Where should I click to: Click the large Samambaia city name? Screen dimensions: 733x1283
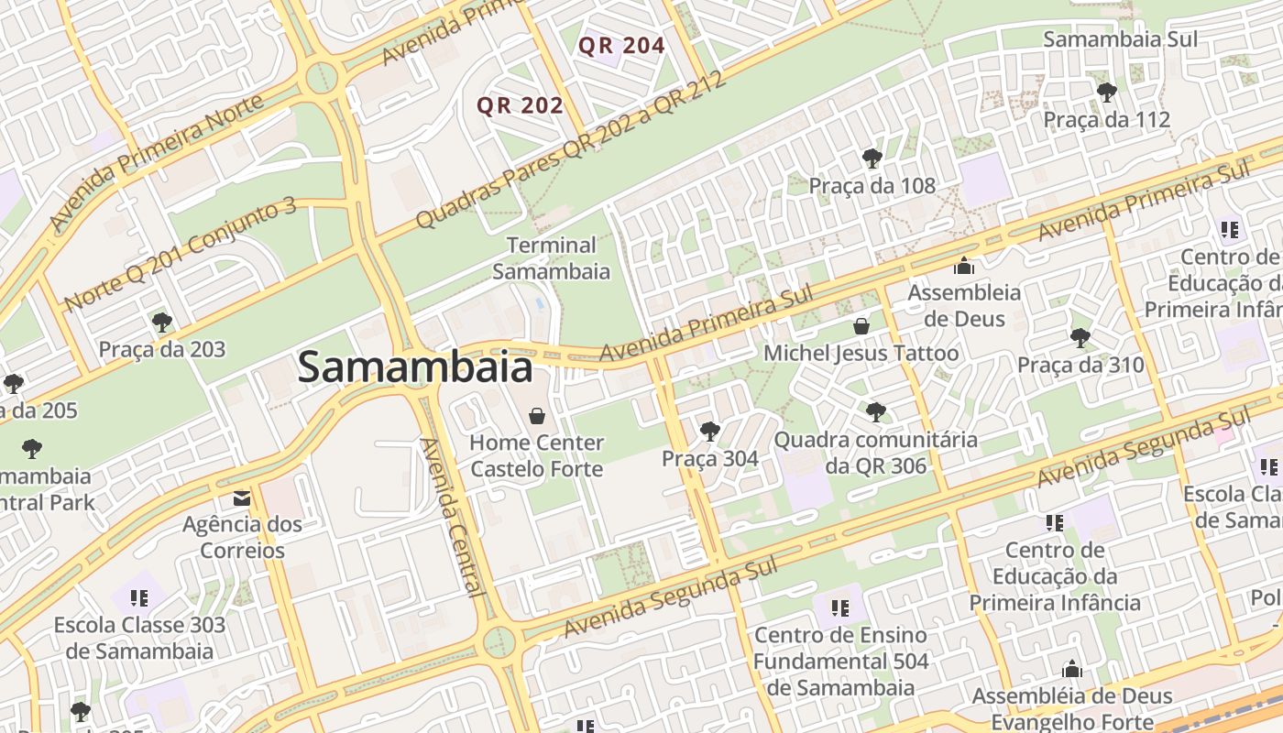click(414, 368)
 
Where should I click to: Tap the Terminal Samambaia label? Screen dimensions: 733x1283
click(551, 258)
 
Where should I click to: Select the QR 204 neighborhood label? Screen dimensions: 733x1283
click(621, 45)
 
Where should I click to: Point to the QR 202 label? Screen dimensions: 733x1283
click(520, 105)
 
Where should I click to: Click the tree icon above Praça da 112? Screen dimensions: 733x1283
click(1106, 92)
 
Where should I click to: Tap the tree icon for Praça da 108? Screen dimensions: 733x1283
click(872, 159)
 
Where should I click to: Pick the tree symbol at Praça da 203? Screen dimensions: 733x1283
click(162, 322)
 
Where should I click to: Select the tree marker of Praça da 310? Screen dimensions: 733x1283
click(1080, 337)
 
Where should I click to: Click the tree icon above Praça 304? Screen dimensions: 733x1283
click(709, 431)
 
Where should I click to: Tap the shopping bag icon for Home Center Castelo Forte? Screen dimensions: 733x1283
click(537, 416)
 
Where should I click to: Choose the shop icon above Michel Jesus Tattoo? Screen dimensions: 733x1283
click(861, 325)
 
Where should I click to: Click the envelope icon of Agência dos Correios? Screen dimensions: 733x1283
click(242, 498)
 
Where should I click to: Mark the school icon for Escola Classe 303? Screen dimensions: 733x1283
click(139, 598)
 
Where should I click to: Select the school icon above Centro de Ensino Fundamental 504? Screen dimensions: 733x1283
click(840, 607)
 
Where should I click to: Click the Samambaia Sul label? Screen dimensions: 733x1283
click(1120, 39)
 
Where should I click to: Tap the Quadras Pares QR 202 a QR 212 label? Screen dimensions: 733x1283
click(570, 149)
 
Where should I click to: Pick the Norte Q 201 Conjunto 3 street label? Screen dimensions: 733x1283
click(181, 254)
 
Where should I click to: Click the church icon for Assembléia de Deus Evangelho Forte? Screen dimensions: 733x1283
click(1071, 670)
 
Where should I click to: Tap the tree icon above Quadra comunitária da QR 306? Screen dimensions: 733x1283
click(875, 411)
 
